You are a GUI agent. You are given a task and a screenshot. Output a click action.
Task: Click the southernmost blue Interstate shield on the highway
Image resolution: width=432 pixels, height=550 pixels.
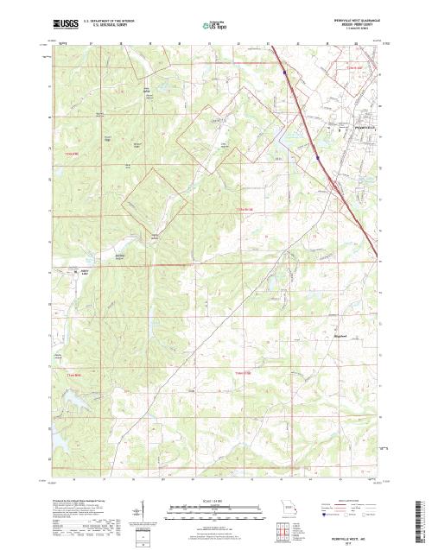click(x=319, y=159)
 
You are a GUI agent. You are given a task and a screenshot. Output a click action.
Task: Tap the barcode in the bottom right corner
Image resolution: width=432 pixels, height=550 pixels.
click(x=421, y=522)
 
